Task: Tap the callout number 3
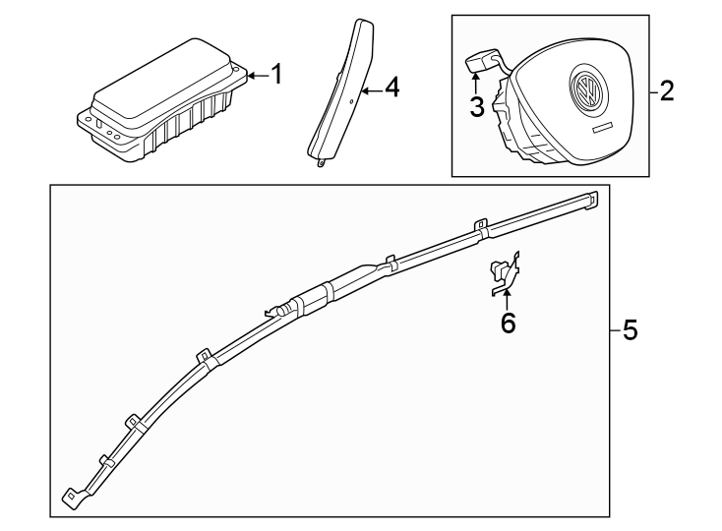coord(477,106)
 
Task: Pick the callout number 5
coord(630,330)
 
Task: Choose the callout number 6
coord(508,322)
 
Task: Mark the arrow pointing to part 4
coord(370,89)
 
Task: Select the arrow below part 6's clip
coord(508,296)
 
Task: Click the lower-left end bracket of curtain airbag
coord(71,500)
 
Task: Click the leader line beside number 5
coord(616,330)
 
